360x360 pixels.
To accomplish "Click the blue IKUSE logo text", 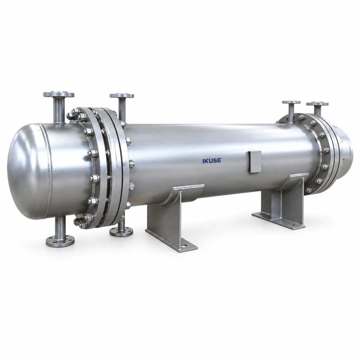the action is [211, 161].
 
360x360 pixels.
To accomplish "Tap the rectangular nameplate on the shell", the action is [255, 161].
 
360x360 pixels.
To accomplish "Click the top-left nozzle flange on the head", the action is [59, 94].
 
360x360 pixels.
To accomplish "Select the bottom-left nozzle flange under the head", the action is [60, 240].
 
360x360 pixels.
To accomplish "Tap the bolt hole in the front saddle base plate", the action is [184, 247].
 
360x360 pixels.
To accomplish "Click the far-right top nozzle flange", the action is [318, 104].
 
